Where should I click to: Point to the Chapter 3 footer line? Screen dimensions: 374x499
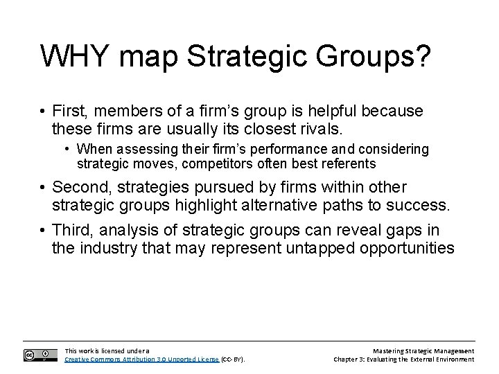coord(403,359)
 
